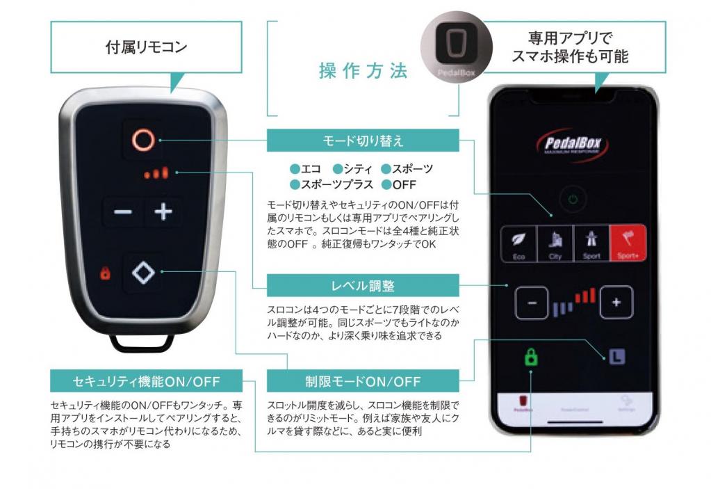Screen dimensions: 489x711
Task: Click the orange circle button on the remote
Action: (142, 140)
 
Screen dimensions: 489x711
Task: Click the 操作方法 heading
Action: (363, 71)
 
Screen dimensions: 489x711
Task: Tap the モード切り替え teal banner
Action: (363, 141)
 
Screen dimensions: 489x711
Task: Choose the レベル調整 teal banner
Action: (363, 284)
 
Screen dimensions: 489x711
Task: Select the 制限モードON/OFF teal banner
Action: (363, 381)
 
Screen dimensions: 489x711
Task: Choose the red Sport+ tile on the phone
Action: (627, 243)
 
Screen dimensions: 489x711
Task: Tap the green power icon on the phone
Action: (572, 200)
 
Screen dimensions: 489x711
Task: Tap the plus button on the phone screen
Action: (615, 303)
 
